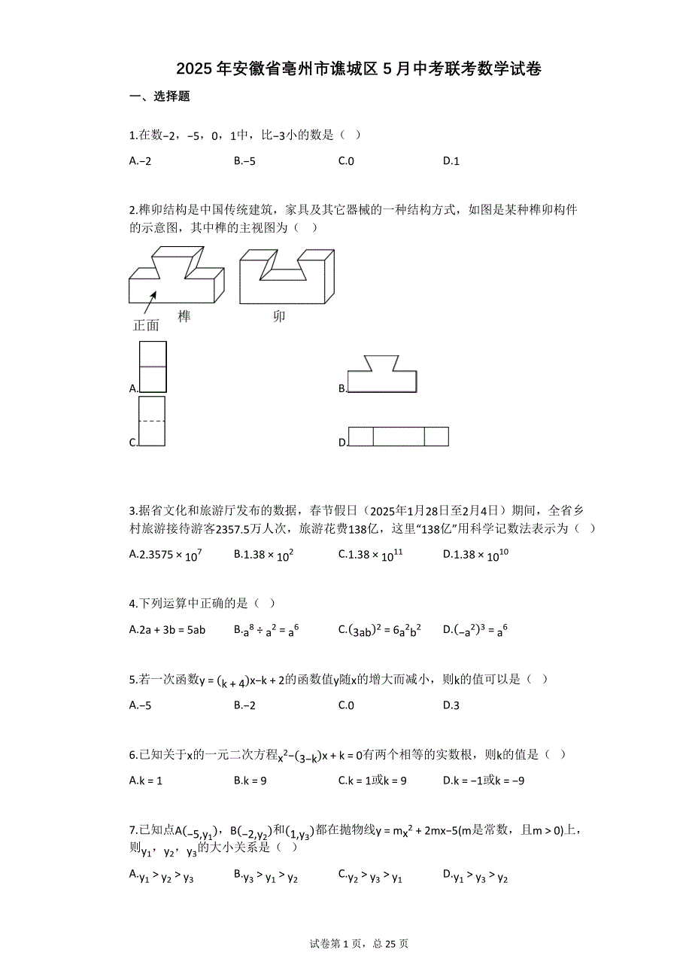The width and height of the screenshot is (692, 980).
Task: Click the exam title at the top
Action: click(359, 69)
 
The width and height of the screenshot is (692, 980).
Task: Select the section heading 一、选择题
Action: click(159, 96)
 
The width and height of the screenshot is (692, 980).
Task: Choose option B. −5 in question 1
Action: click(244, 160)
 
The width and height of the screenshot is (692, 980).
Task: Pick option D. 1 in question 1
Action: click(451, 160)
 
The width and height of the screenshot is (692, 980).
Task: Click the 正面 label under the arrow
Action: click(146, 325)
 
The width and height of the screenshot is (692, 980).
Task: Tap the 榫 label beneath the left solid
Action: click(184, 316)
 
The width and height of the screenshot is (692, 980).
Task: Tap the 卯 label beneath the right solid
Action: click(279, 316)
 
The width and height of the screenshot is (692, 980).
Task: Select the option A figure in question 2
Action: click(153, 367)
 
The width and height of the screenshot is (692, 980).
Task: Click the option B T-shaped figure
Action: click(382, 374)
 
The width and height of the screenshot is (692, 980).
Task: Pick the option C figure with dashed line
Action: click(152, 422)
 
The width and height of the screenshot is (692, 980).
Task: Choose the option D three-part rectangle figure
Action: click(399, 437)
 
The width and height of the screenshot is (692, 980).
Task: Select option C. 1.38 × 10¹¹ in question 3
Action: click(371, 555)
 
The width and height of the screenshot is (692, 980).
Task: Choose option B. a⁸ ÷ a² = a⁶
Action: click(267, 629)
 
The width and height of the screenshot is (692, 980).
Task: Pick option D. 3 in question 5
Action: click(451, 705)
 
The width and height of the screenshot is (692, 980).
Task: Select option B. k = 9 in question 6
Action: click(250, 781)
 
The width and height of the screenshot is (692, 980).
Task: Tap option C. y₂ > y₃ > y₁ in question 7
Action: click(370, 875)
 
